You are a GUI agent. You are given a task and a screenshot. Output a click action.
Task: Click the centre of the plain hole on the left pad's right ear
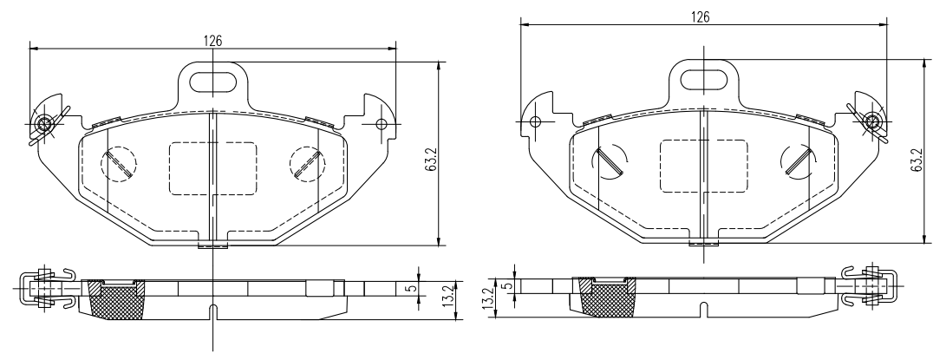click(x=381, y=124)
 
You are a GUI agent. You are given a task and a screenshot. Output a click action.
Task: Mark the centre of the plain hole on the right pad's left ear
click(x=534, y=122)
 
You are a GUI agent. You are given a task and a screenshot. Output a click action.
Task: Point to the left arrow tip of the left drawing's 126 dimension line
click(x=29, y=49)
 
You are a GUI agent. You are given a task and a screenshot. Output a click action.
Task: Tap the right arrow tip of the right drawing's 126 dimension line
click(x=888, y=25)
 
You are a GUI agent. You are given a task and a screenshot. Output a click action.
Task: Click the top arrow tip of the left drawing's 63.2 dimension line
click(x=440, y=62)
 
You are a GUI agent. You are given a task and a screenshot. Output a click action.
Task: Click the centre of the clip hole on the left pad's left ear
click(x=44, y=124)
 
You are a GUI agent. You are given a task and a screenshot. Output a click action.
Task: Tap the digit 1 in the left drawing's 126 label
click(x=205, y=41)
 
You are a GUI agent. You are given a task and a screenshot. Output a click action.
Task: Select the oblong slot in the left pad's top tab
click(x=213, y=82)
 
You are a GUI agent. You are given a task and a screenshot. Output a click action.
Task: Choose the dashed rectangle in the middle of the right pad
click(x=704, y=166)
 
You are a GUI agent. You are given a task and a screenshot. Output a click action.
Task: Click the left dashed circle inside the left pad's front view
click(x=118, y=164)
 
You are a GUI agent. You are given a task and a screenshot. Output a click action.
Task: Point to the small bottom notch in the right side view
click(x=703, y=310)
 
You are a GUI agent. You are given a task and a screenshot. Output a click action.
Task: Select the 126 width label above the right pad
click(x=700, y=16)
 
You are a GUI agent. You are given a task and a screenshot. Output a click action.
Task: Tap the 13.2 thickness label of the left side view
click(x=447, y=297)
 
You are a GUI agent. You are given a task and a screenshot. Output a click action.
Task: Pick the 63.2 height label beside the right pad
click(x=917, y=160)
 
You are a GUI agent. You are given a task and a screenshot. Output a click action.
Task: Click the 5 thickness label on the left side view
click(x=414, y=288)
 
